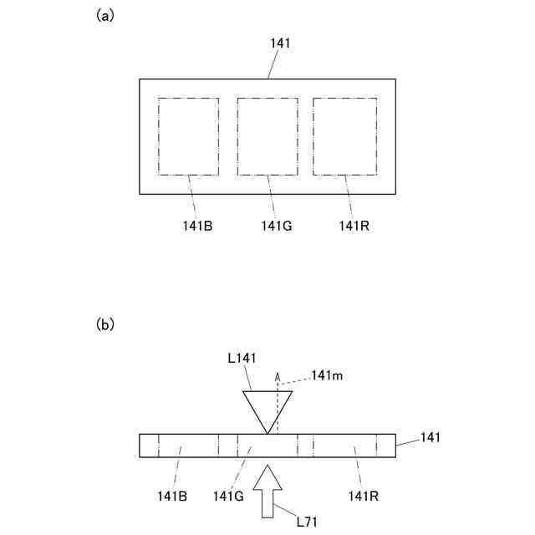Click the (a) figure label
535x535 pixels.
[x=105, y=16]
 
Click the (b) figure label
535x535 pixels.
[x=105, y=324]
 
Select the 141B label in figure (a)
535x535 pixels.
[x=197, y=226]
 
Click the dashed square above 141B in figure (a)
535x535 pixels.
[x=188, y=136]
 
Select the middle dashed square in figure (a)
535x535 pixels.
[x=267, y=136]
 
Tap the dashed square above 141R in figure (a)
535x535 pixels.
[x=344, y=136]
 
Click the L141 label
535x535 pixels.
[x=243, y=358]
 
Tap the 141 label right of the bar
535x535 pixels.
[x=430, y=437]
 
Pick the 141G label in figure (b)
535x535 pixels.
[x=227, y=497]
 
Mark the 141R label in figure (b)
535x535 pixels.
[x=364, y=497]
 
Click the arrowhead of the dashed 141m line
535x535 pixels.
[x=279, y=377]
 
